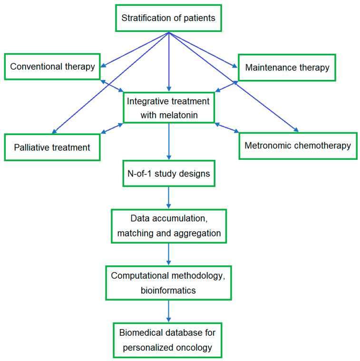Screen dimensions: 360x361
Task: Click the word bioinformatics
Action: (168, 291)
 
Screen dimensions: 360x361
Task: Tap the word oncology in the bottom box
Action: (194, 348)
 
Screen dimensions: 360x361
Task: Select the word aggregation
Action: (197, 234)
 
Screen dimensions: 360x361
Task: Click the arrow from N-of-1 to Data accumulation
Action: (169, 197)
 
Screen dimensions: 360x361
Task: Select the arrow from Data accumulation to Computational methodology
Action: (169, 254)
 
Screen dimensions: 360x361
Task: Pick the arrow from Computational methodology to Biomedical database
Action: (169, 311)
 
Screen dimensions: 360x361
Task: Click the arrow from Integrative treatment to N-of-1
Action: (169, 141)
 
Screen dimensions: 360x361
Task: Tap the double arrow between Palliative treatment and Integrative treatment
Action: (112, 128)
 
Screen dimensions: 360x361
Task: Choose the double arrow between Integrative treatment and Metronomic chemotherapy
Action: (227, 128)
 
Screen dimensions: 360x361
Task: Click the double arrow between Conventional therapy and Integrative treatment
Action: (112, 86)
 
